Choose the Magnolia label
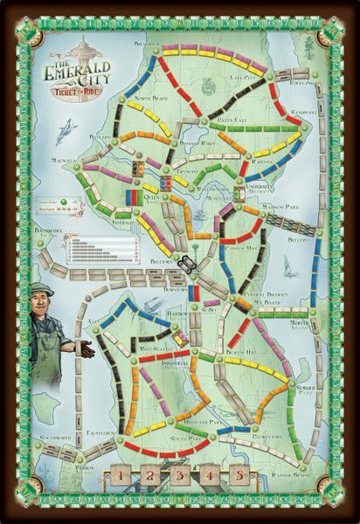click(66, 159)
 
